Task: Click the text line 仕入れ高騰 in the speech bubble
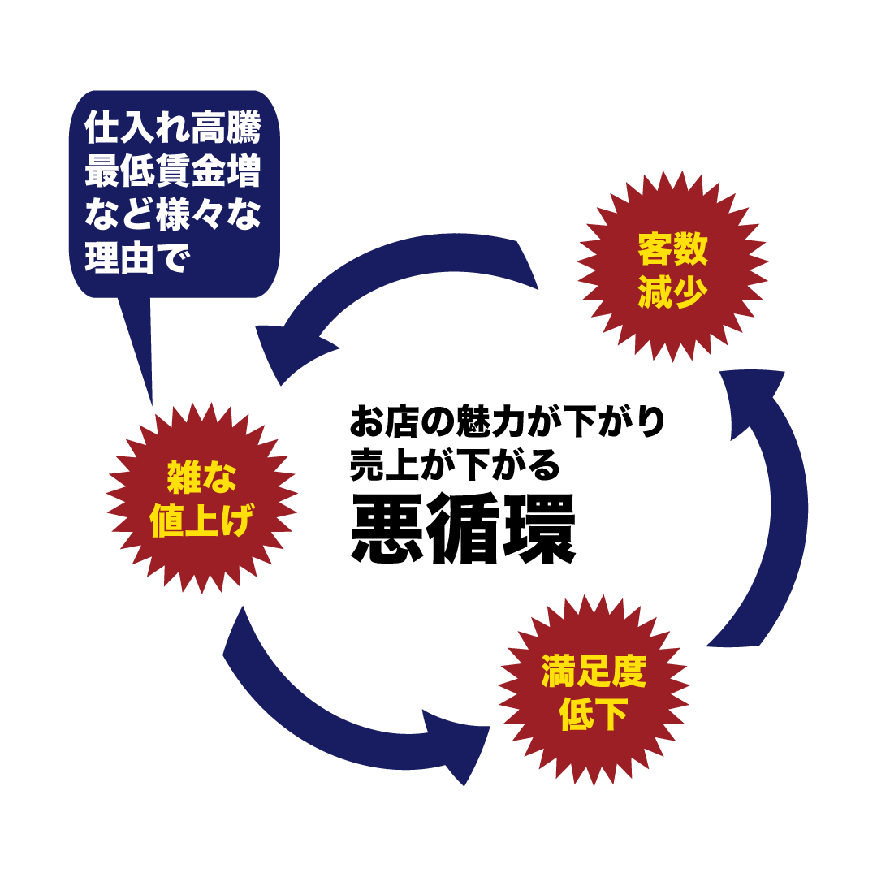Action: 173,130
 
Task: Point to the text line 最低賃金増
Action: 173,173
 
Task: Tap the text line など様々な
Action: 173,215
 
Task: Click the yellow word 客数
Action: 672,249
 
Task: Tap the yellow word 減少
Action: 672,292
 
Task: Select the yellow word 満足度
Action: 594,672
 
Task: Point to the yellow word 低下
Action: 594,715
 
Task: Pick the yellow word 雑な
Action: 201,477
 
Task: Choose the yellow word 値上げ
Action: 201,521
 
